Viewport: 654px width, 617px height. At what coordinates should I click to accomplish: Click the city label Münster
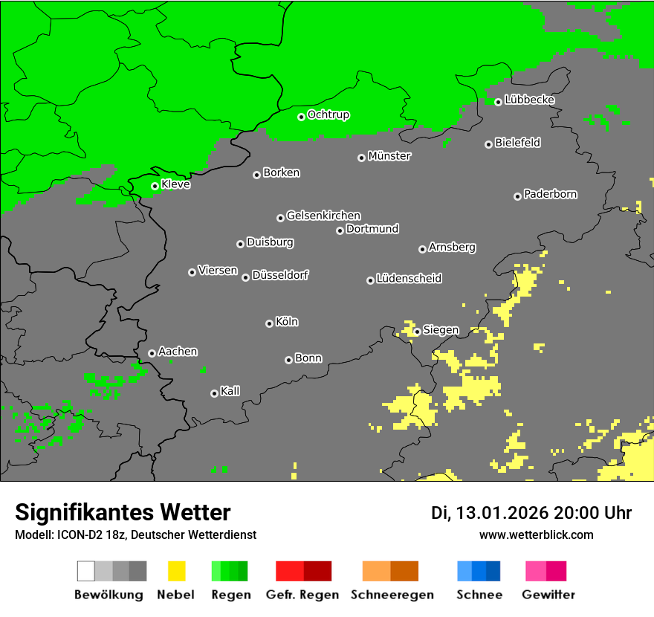[389, 156]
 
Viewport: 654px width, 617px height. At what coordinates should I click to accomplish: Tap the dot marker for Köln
[269, 323]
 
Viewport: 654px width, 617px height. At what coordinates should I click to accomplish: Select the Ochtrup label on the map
[328, 114]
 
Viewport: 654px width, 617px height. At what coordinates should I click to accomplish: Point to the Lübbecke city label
[529, 100]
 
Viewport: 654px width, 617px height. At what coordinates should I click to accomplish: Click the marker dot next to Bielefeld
[488, 144]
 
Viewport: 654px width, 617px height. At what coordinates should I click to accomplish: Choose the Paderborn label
[551, 194]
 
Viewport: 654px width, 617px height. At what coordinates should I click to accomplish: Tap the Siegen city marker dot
[417, 332]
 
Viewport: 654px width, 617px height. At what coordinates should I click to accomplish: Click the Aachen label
[178, 352]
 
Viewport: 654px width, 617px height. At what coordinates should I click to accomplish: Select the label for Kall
[230, 391]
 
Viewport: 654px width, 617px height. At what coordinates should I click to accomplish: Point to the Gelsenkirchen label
[323, 216]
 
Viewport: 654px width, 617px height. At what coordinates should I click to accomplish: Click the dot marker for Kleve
[155, 187]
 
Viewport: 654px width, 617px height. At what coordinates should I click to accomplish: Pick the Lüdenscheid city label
[409, 279]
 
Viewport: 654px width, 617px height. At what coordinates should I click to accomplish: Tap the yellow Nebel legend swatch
[176, 571]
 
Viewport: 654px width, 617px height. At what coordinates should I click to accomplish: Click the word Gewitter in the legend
[548, 595]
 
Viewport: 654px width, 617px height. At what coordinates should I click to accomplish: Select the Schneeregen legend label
[392, 595]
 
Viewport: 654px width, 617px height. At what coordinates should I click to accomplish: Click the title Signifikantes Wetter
[123, 512]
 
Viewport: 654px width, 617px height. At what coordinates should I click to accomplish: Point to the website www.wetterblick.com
[536, 534]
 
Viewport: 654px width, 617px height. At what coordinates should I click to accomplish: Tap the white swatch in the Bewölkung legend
[85, 571]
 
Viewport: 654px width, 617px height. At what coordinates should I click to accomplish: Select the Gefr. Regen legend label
[302, 595]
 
